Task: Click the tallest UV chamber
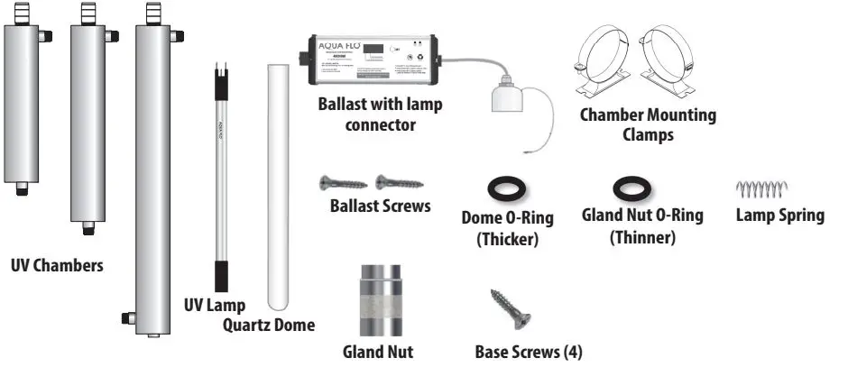point(152,180)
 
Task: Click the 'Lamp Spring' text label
point(779,216)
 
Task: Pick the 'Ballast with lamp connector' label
point(380,115)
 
